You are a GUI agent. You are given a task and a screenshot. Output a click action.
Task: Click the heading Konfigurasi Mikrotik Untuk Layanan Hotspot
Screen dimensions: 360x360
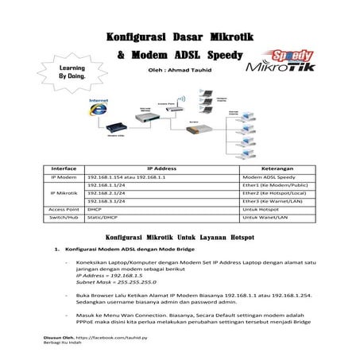pos(179,237)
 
